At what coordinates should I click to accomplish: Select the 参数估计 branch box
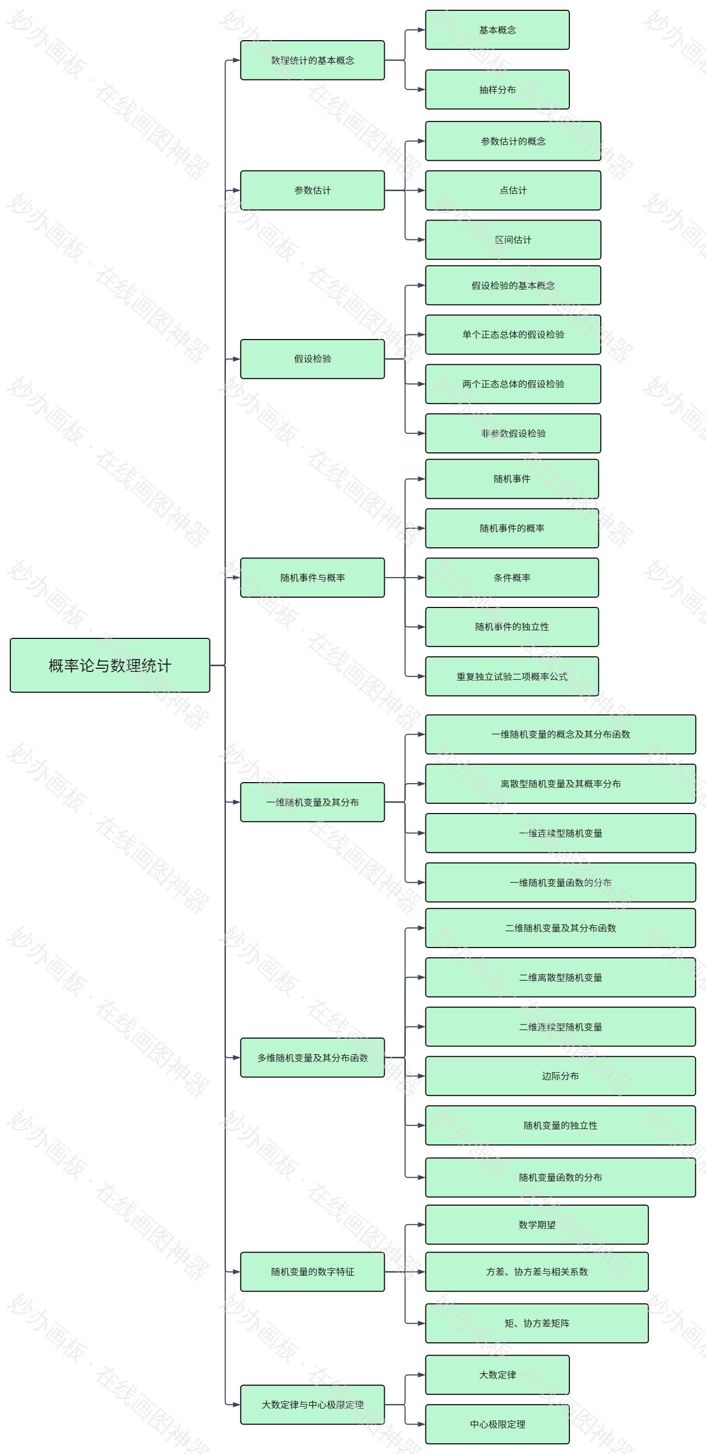[x=313, y=190]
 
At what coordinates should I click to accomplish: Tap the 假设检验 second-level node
[x=313, y=359]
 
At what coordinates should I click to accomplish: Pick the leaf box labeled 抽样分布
[x=497, y=89]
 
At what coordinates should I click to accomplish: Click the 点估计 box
[x=513, y=190]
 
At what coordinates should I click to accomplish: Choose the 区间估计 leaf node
[x=513, y=240]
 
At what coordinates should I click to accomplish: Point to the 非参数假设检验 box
[x=513, y=433]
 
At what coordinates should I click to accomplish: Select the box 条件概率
[x=512, y=578]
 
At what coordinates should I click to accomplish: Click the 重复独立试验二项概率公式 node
[x=512, y=676]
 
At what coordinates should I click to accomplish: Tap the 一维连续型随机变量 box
[x=560, y=833]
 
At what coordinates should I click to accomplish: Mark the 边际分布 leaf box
[x=560, y=1076]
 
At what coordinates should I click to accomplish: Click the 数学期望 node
[x=536, y=1225]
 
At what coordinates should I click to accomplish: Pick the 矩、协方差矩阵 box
[x=536, y=1323]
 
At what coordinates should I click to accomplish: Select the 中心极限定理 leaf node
[x=497, y=1424]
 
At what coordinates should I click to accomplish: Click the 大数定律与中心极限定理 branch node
[x=313, y=1405]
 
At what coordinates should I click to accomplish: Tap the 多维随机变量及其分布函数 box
[x=313, y=1058]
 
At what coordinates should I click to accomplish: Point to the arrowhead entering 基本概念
[x=421, y=30]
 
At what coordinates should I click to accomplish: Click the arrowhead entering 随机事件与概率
[x=237, y=578]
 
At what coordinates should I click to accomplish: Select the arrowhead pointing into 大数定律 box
[x=421, y=1375]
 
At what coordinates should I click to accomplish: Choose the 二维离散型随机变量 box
[x=560, y=977]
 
